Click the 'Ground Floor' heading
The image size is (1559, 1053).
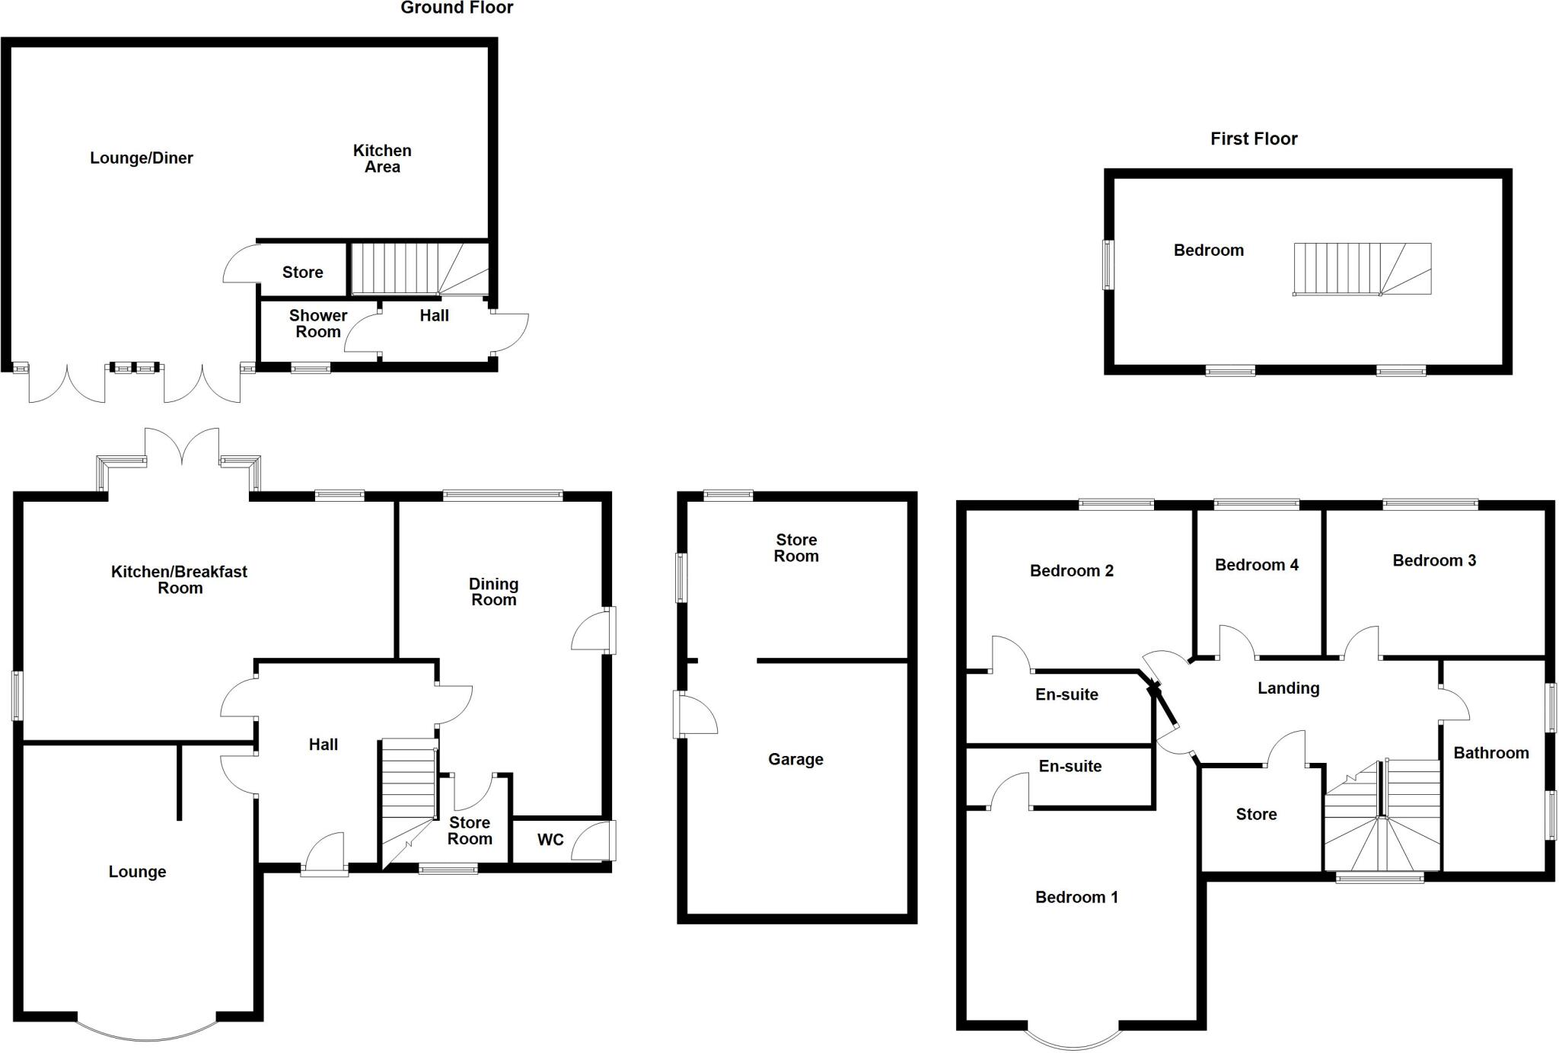point(457,8)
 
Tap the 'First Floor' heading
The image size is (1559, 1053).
point(1254,139)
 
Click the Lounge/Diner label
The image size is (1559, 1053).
point(142,158)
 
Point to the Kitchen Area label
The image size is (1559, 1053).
point(382,159)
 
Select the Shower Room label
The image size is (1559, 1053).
point(318,324)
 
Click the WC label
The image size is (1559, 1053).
point(550,840)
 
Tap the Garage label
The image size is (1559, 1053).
point(795,759)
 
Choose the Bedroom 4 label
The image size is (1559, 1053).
point(1256,565)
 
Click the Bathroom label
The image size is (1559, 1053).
point(1490,753)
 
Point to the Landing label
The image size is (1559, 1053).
point(1288,688)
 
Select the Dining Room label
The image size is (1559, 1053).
point(493,592)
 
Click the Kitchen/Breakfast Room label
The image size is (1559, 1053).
point(180,579)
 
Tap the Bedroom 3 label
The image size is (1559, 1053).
point(1434,560)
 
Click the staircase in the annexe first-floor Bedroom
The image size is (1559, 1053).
point(1362,269)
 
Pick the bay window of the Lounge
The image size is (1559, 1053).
point(146,1031)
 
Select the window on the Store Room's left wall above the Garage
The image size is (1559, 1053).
point(682,578)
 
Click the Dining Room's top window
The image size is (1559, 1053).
point(503,496)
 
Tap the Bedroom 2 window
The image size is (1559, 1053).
point(1116,504)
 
